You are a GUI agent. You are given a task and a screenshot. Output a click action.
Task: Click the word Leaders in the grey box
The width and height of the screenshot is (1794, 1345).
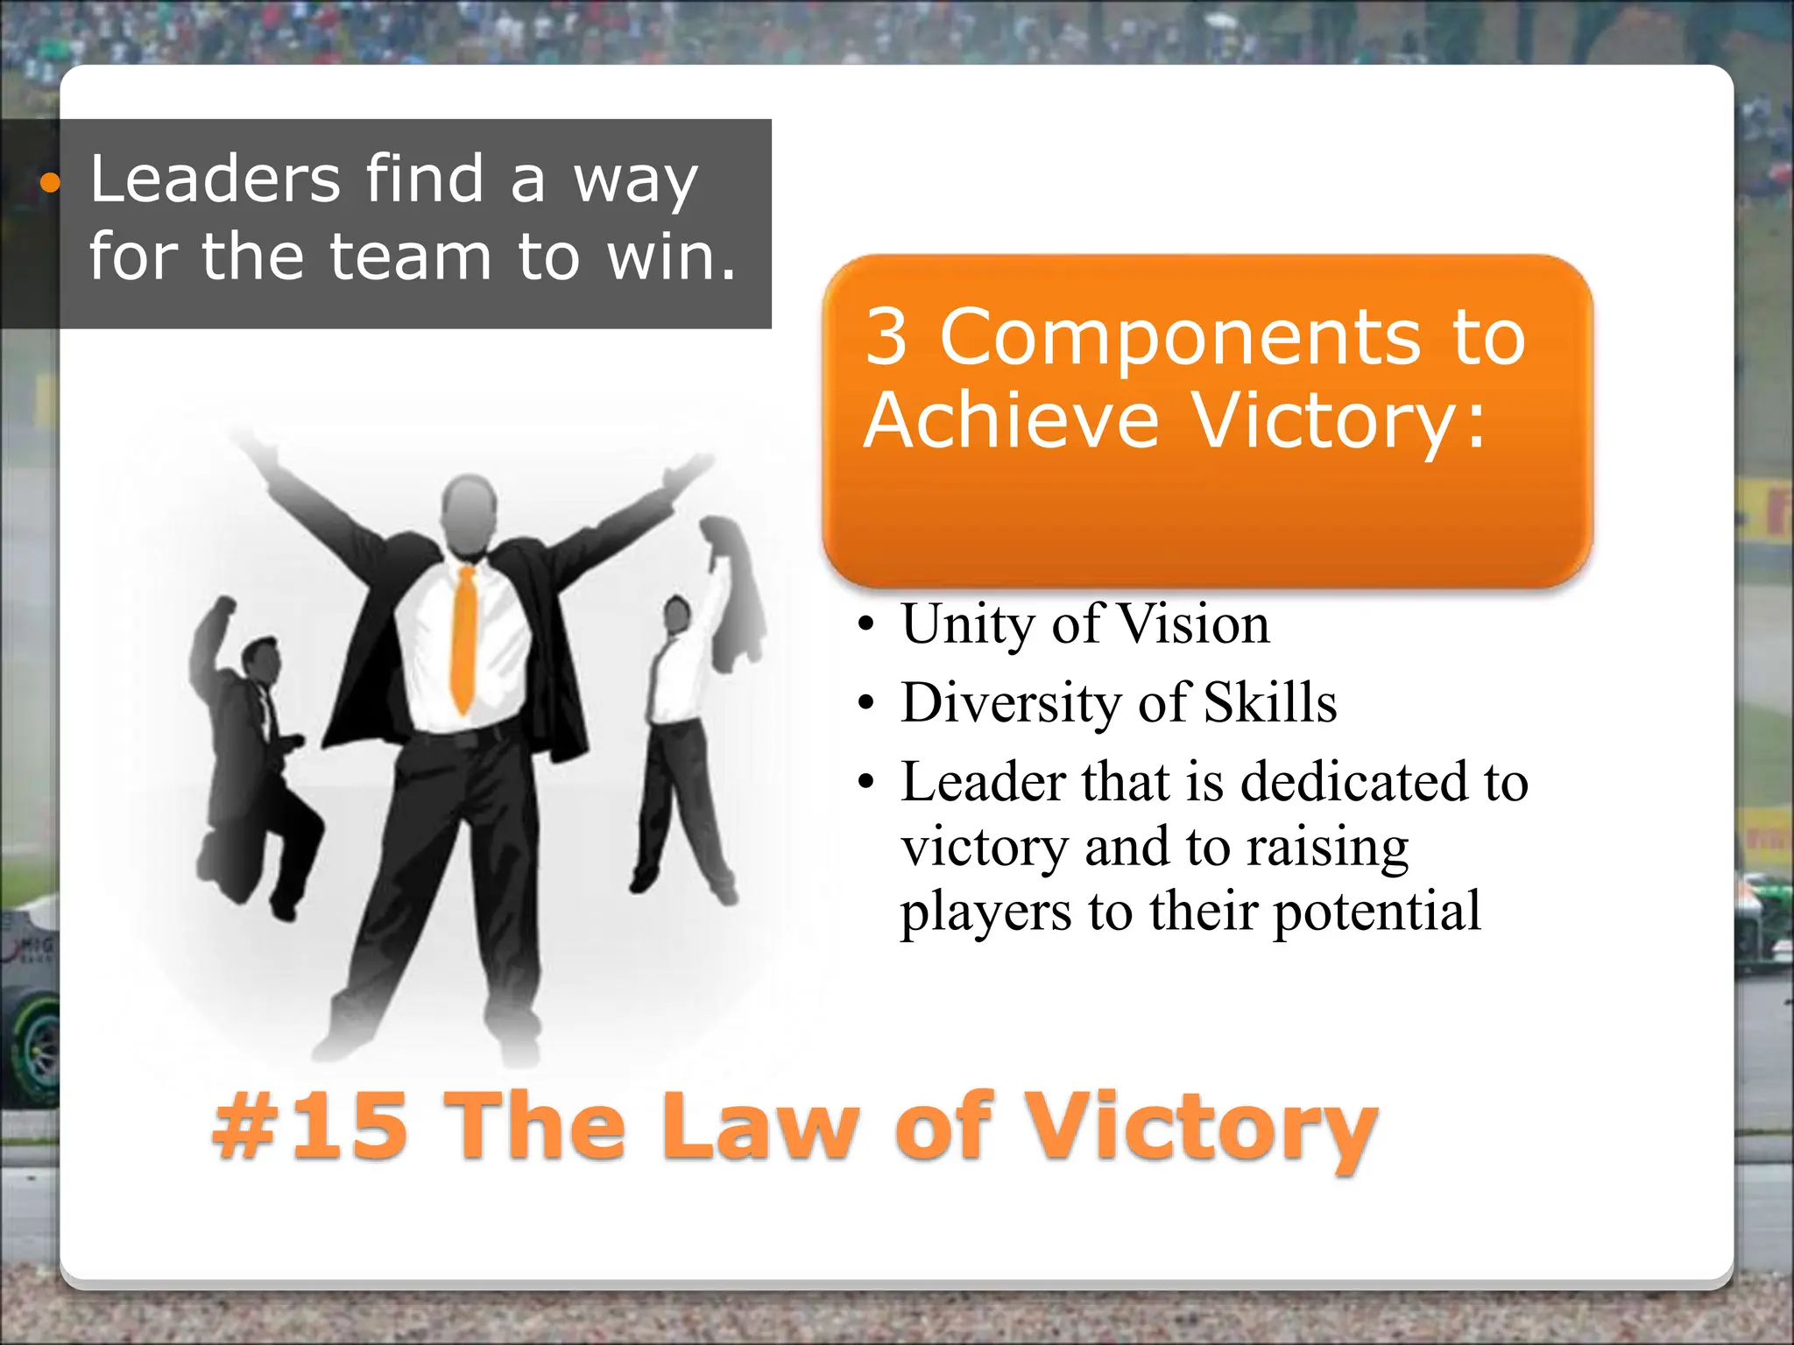click(215, 180)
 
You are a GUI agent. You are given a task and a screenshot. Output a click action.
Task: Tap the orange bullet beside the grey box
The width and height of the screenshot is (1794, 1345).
click(51, 183)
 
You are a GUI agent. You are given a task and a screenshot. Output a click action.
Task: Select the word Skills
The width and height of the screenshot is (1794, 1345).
click(1270, 702)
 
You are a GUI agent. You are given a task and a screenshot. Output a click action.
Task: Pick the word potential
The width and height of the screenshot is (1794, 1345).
click(1376, 912)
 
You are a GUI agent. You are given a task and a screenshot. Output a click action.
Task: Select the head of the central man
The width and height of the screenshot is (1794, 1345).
click(469, 512)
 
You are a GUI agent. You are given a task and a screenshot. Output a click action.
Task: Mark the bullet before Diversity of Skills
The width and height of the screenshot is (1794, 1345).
click(866, 703)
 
